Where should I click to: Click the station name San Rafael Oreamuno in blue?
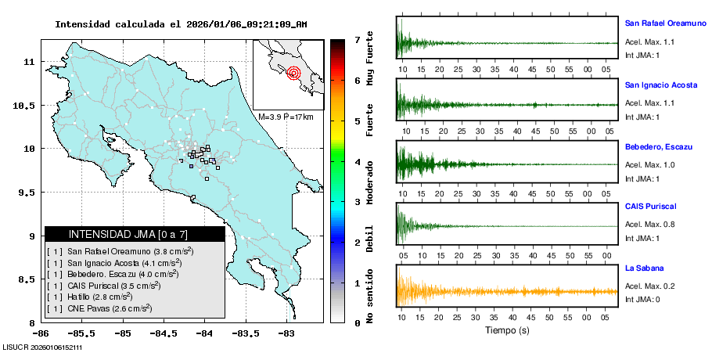click(x=666, y=23)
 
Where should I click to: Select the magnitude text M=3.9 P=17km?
click(x=286, y=117)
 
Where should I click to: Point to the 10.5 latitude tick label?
click(x=29, y=105)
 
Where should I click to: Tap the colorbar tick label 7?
click(x=357, y=39)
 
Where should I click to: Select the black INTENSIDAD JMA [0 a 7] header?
click(x=135, y=234)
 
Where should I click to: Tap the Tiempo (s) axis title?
click(x=507, y=330)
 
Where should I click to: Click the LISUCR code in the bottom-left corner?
click(x=44, y=347)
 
